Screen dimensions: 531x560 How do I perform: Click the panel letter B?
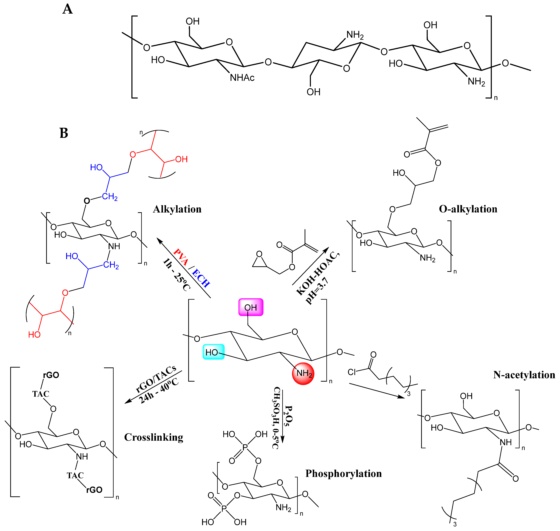(x=64, y=133)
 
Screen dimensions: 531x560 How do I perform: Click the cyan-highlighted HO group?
(x=213, y=352)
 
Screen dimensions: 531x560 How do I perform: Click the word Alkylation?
(x=177, y=209)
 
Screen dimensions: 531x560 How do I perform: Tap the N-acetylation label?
(x=524, y=375)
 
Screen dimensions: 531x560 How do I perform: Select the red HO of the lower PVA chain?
(x=34, y=335)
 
